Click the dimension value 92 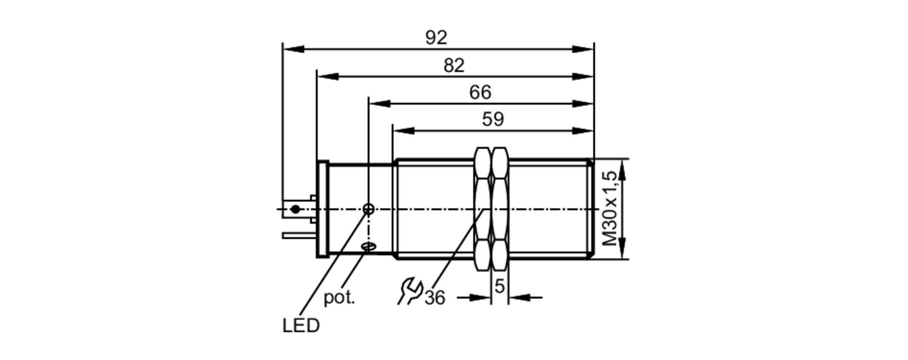(x=436, y=37)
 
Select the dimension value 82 (x=454, y=65)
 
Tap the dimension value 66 (x=480, y=92)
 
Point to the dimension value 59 (x=493, y=119)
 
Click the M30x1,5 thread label (x=611, y=209)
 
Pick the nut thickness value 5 (x=499, y=286)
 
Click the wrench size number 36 (x=435, y=298)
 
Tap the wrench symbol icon (x=410, y=291)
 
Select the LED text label (x=301, y=326)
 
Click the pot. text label (x=339, y=298)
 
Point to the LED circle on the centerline (x=369, y=209)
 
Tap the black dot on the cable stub (x=296, y=209)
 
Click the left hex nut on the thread (x=482, y=209)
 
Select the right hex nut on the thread (x=500, y=209)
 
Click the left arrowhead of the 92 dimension (x=293, y=49)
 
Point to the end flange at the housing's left (x=322, y=209)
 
